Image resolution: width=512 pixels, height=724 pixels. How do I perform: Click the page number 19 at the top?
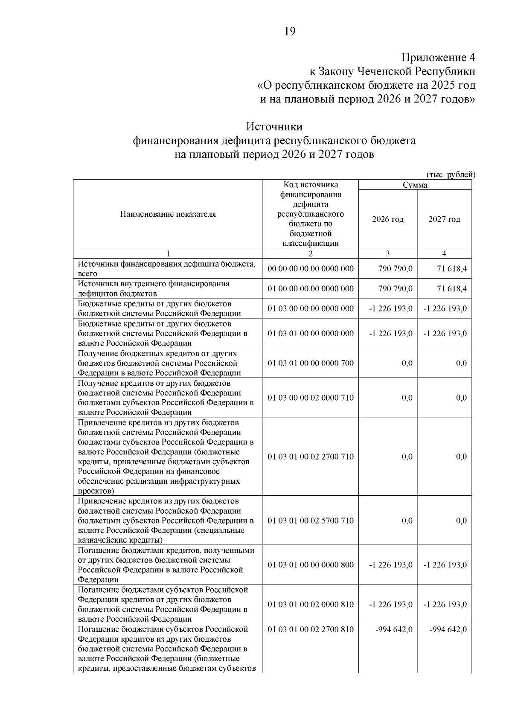tap(289, 32)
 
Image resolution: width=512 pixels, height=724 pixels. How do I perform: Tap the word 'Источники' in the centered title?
tap(274, 127)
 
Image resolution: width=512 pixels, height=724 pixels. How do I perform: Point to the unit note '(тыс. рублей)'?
tap(451, 174)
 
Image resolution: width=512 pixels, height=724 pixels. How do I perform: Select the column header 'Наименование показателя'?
tap(168, 214)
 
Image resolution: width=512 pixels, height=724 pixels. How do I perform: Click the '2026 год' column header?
tap(387, 219)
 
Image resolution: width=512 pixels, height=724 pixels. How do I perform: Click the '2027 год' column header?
tap(444, 219)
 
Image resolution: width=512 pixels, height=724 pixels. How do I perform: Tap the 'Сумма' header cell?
tap(415, 185)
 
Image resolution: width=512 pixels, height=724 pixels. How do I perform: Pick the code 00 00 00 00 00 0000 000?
tap(311, 269)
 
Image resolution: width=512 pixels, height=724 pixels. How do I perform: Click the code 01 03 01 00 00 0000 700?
tap(311, 363)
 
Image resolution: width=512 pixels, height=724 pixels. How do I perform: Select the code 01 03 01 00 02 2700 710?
tap(311, 456)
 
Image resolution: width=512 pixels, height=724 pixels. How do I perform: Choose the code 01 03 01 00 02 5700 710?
tap(311, 520)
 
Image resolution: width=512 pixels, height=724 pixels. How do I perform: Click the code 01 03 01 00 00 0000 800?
tap(311, 565)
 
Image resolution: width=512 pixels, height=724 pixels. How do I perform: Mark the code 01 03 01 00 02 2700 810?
tap(311, 629)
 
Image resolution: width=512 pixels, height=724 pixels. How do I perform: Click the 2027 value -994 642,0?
tap(448, 629)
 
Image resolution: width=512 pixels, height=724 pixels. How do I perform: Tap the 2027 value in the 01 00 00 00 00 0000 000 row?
tap(451, 289)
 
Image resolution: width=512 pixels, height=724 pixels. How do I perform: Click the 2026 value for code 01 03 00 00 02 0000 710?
tap(407, 398)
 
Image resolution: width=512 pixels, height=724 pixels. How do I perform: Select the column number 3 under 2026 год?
tap(387, 253)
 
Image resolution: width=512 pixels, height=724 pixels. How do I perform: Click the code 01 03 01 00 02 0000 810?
tap(311, 605)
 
